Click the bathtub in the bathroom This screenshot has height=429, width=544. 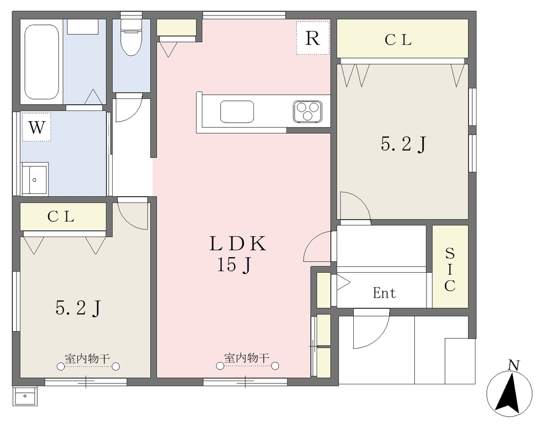coord(41,62)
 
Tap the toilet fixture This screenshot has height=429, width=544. coord(131,37)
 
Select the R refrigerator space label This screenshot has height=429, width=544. coord(312,38)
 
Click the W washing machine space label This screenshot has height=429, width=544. coord(37,127)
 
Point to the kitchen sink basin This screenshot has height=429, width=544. coord(237,112)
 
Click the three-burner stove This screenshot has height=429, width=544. coord(308,112)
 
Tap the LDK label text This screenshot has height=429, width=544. coord(238,243)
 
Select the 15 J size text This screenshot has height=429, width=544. coord(234,265)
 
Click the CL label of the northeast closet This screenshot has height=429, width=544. coord(398,40)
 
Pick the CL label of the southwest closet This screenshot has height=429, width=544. coord(61,217)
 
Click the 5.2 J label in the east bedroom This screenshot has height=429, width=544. coord(403,144)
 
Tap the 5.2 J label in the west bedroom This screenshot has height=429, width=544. coord(78,307)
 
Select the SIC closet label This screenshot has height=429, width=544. coord(449,270)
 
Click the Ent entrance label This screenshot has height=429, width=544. coord(385,293)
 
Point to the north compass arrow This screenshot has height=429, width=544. coord(508,392)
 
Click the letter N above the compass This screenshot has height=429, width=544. coord(514,365)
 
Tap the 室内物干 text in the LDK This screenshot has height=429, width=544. coord(246,357)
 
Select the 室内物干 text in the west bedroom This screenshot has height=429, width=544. coord(88,358)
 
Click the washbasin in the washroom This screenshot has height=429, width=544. coord(35,179)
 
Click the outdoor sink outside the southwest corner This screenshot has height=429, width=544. coord(24,396)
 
